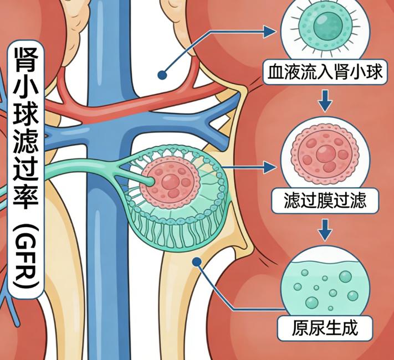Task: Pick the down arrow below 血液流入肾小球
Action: coord(326,100)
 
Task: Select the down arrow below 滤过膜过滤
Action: coord(326,227)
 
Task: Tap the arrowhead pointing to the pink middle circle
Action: coord(271,165)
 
